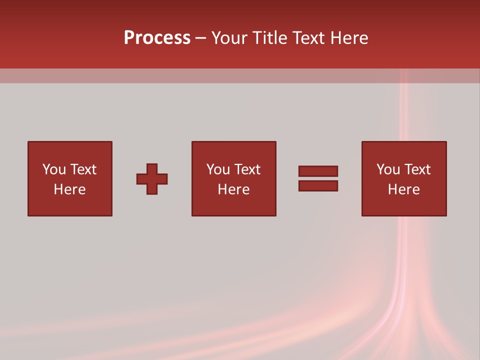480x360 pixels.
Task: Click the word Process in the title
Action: tap(157, 38)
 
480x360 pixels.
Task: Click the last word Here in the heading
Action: tap(350, 38)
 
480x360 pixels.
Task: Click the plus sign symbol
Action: tap(152, 179)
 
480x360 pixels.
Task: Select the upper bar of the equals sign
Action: tap(318, 171)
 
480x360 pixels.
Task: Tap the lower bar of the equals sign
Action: tap(318, 186)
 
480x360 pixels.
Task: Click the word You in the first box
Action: tap(54, 169)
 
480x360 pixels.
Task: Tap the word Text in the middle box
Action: tap(247, 169)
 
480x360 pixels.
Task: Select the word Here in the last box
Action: tap(404, 189)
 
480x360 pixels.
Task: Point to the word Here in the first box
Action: tap(70, 189)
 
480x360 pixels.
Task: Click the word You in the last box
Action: tap(388, 169)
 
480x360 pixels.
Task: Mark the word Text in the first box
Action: tap(83, 169)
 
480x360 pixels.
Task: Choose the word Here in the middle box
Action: tap(234, 189)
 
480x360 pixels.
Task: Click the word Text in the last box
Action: tap(417, 169)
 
